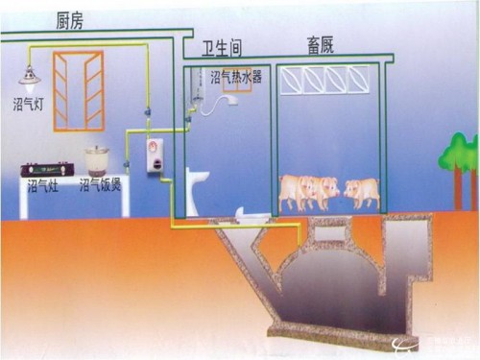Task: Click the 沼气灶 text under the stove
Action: click(42, 185)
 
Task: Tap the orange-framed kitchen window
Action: click(78, 91)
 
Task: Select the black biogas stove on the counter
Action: click(46, 169)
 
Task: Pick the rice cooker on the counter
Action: click(97, 159)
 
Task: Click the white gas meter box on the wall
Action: click(155, 155)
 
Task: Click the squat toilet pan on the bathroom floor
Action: click(250, 220)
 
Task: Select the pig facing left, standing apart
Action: click(362, 190)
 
